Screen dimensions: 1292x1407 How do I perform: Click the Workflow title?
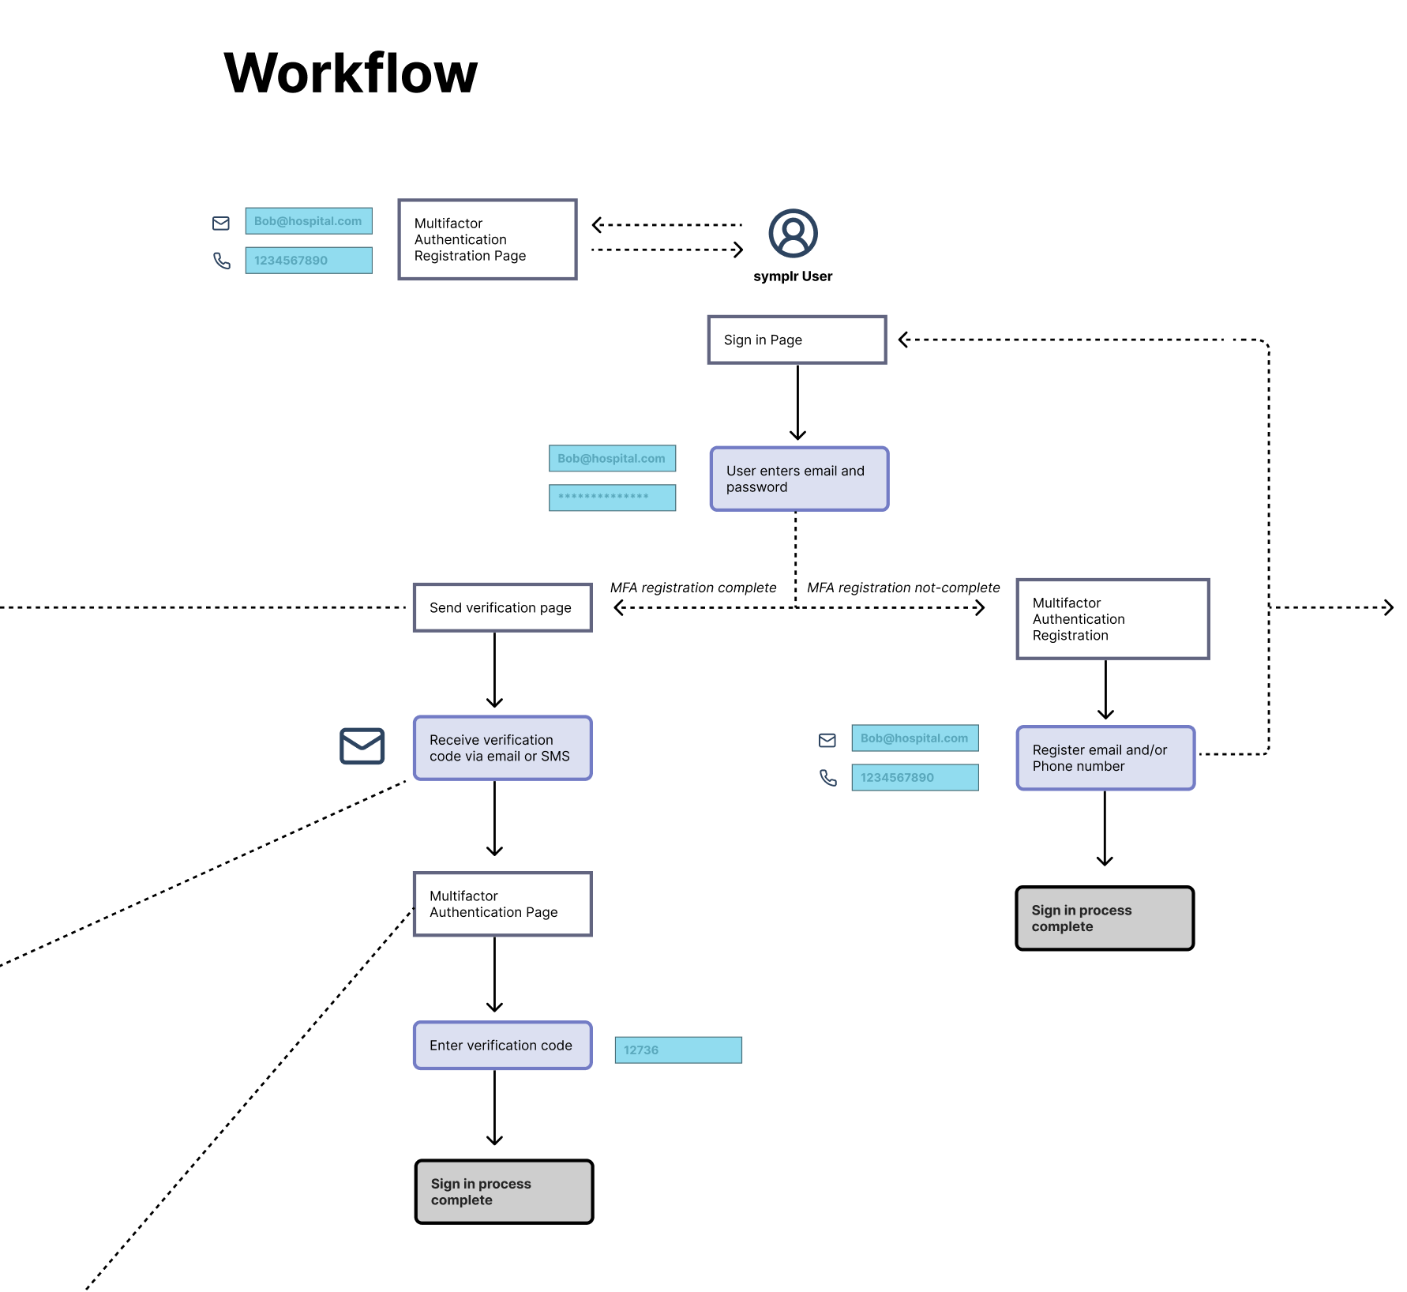pyautogui.click(x=351, y=73)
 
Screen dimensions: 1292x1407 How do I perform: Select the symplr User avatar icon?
pyautogui.click(x=793, y=233)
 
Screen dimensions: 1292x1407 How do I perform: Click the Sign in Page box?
pyautogui.click(x=797, y=340)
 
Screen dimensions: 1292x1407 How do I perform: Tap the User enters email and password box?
pyautogui.click(x=799, y=479)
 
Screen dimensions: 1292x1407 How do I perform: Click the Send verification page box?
pyautogui.click(x=502, y=607)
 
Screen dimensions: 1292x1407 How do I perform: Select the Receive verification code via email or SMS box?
pyautogui.click(x=502, y=748)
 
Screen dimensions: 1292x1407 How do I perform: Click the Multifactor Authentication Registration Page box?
pyautogui.click(x=487, y=239)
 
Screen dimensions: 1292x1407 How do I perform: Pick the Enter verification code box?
pyautogui.click(x=502, y=1045)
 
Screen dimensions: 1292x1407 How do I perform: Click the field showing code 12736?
pyautogui.click(x=677, y=1050)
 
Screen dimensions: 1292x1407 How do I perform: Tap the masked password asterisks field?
pyautogui.click(x=612, y=497)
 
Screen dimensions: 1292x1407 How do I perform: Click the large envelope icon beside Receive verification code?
pyautogui.click(x=362, y=746)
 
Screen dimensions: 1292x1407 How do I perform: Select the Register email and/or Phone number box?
pyautogui.click(x=1105, y=757)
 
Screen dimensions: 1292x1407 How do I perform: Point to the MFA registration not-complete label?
pyautogui.click(x=903, y=588)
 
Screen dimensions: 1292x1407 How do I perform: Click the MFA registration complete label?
pyautogui.click(x=692, y=588)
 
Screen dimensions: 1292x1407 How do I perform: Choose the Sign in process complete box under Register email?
pyautogui.click(x=1104, y=918)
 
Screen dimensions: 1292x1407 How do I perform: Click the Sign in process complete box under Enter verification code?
pyautogui.click(x=503, y=1191)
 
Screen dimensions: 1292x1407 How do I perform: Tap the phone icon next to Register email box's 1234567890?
pyautogui.click(x=827, y=778)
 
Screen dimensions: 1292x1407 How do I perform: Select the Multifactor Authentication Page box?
pyautogui.click(x=502, y=903)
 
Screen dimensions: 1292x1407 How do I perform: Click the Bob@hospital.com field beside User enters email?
pyautogui.click(x=612, y=458)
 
